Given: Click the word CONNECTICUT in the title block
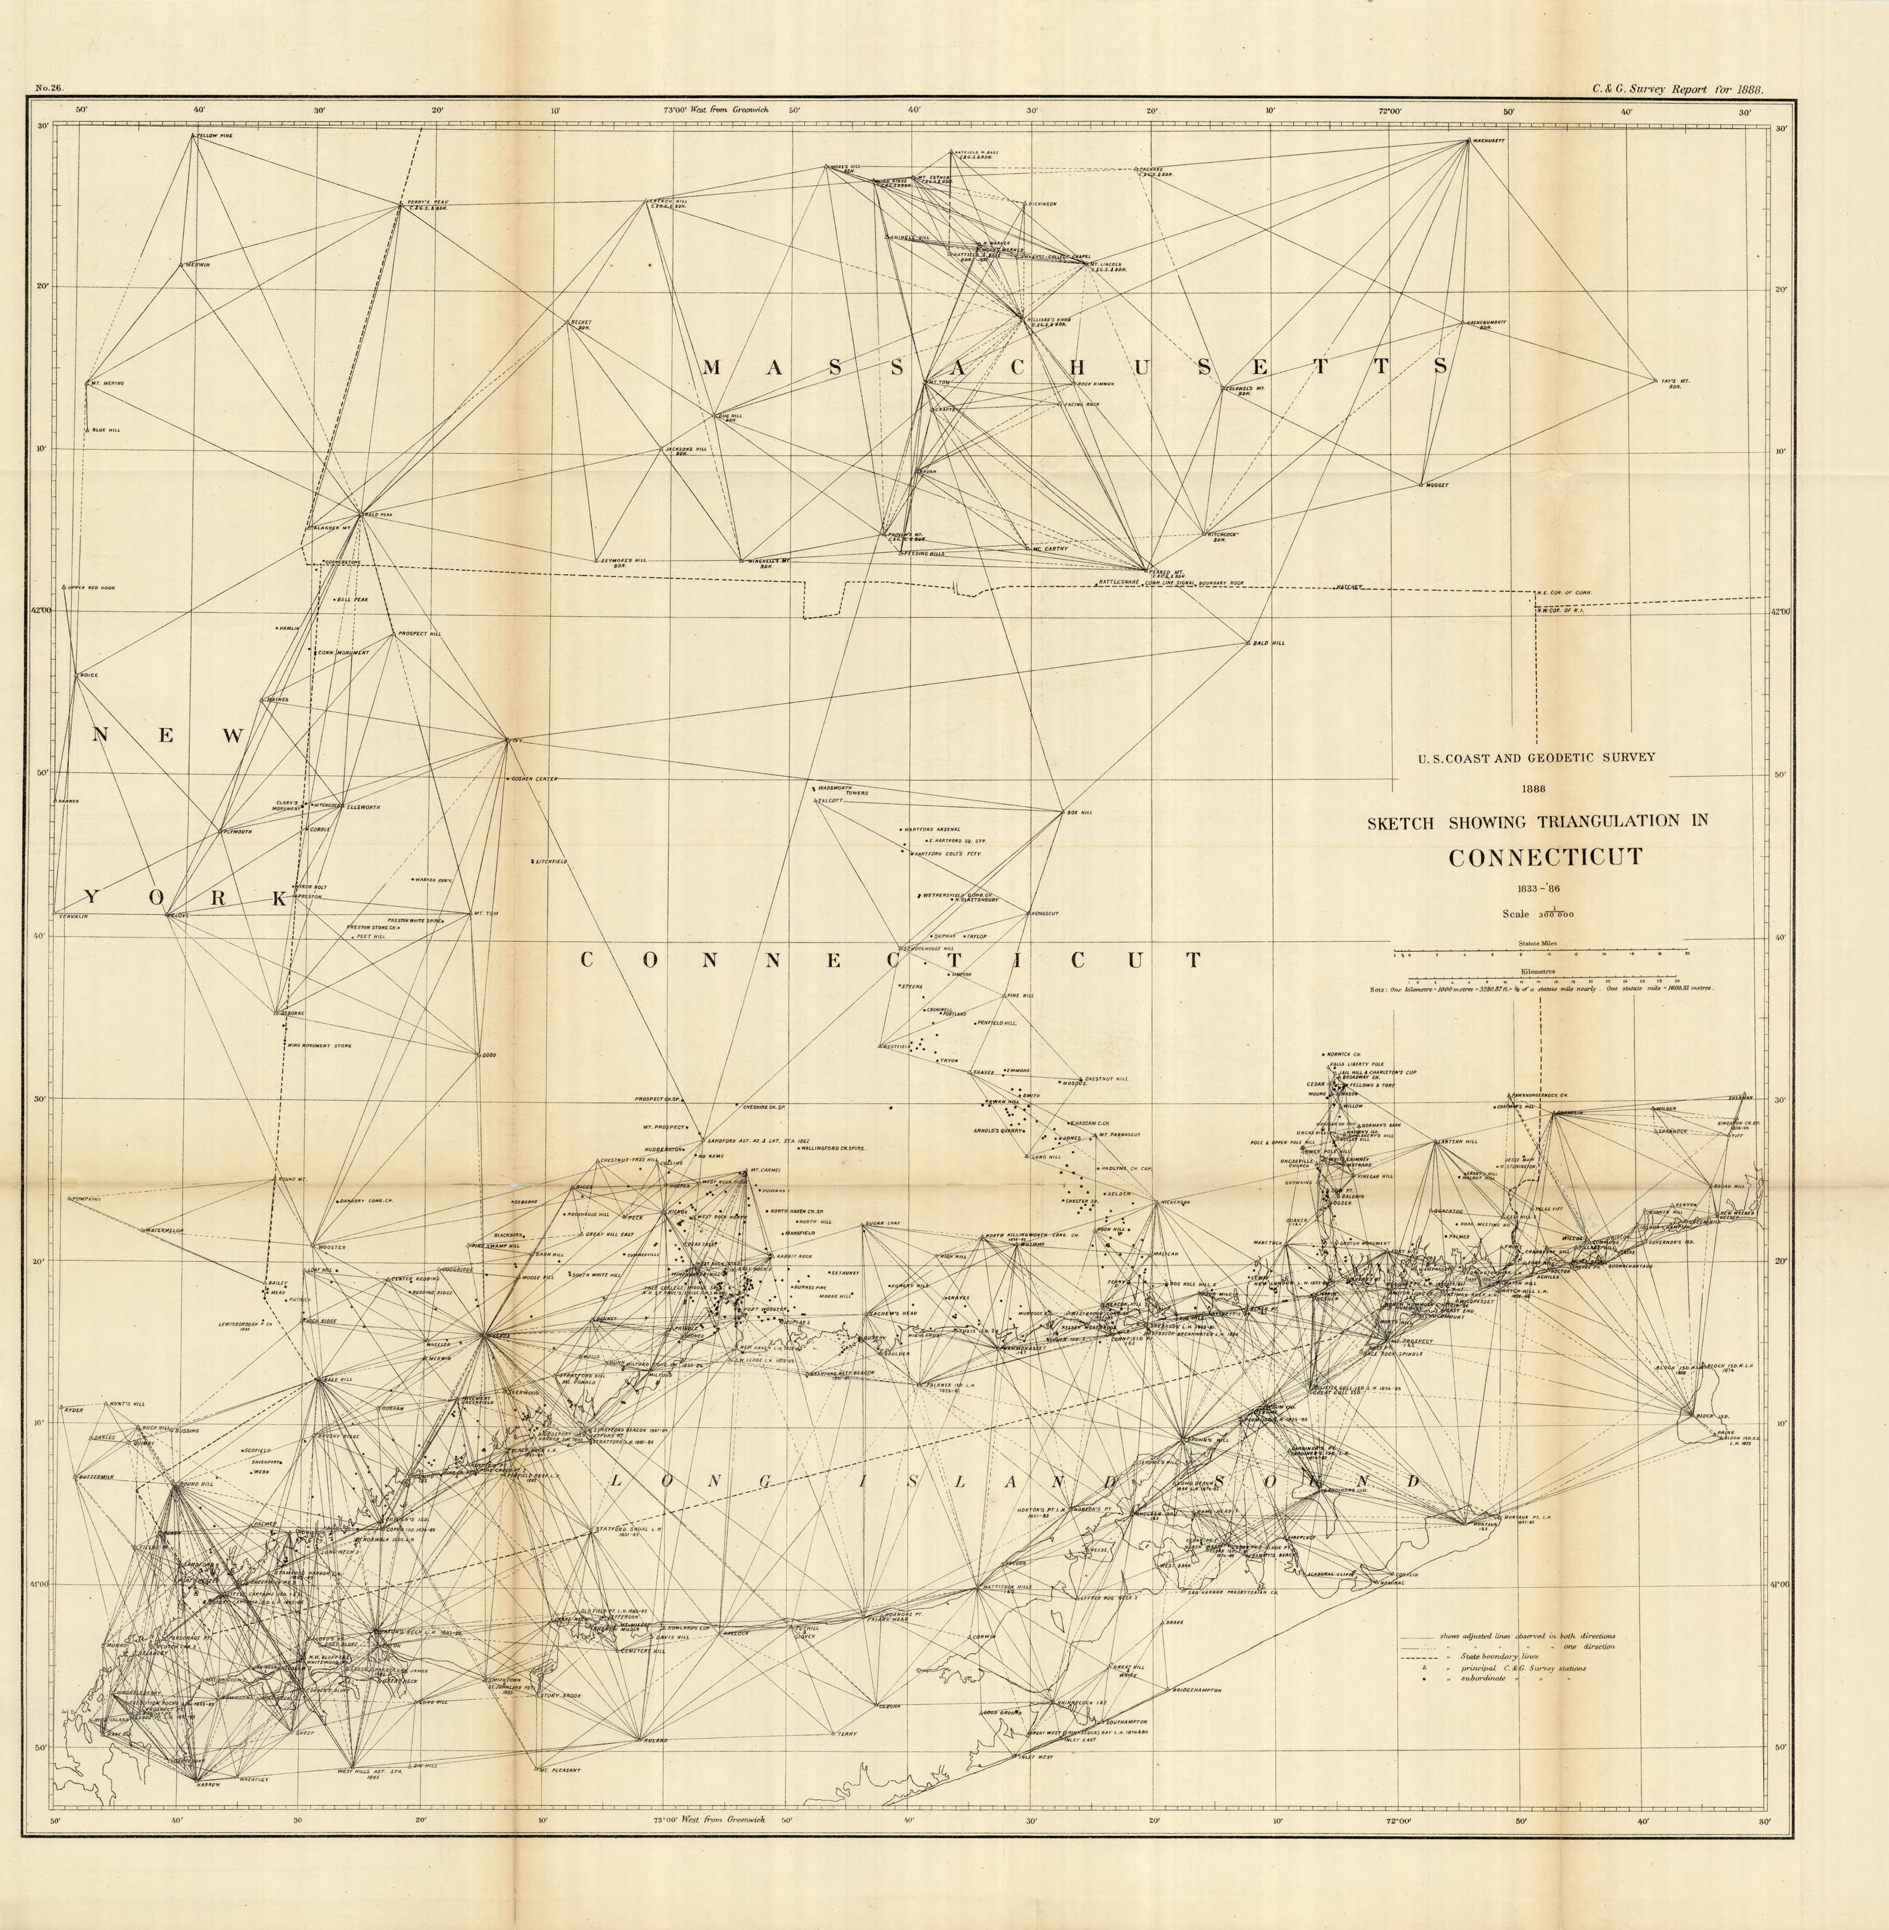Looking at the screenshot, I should coord(1544,857).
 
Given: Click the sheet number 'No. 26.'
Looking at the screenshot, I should coord(50,88).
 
